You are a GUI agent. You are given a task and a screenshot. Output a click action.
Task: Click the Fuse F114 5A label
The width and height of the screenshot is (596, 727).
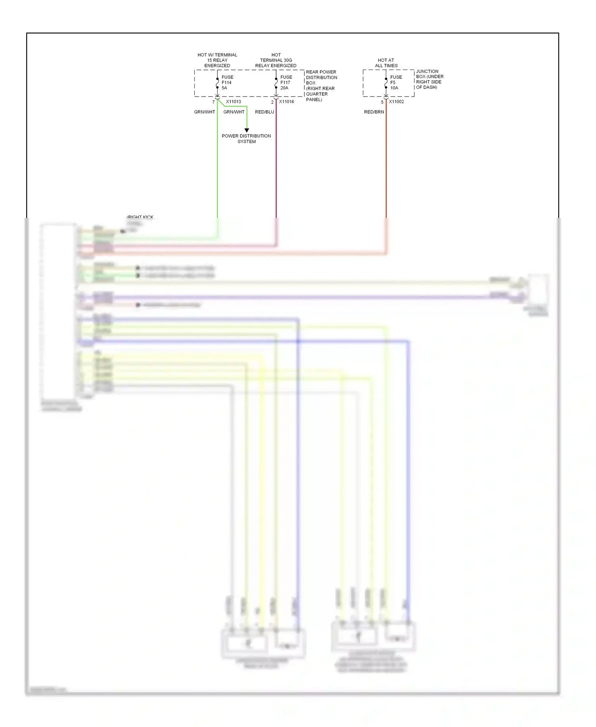pyautogui.click(x=227, y=82)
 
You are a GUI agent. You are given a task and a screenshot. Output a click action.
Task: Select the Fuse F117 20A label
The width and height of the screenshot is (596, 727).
pyautogui.click(x=286, y=82)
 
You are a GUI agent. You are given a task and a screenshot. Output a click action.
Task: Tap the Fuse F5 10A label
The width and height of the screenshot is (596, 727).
pyautogui.click(x=395, y=82)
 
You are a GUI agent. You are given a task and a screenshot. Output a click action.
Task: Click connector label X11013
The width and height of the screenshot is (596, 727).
pyautogui.click(x=233, y=102)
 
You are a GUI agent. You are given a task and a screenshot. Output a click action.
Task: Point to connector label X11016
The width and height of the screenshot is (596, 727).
pyautogui.click(x=286, y=102)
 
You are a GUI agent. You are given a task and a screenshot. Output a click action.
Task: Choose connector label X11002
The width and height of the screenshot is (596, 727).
pyautogui.click(x=396, y=102)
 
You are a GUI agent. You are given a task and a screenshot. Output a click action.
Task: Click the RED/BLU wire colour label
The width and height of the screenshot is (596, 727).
pyautogui.click(x=264, y=112)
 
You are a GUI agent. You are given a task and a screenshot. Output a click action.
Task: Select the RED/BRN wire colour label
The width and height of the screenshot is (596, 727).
pyautogui.click(x=374, y=112)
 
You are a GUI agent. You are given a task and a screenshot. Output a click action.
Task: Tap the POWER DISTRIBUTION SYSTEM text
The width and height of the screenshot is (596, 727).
pyautogui.click(x=246, y=139)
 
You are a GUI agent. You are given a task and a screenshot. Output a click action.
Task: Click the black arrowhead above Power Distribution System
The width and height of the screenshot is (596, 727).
pyautogui.click(x=247, y=130)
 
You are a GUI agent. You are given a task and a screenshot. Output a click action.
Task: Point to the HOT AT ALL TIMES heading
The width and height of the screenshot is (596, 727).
pyautogui.click(x=386, y=63)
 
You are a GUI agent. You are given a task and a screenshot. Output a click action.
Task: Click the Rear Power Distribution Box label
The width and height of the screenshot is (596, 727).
pyautogui.click(x=321, y=86)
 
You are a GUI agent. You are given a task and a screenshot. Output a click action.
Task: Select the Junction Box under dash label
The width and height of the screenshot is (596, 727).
pyautogui.click(x=430, y=79)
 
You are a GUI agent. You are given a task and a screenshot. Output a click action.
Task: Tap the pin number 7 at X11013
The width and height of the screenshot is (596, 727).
pyautogui.click(x=213, y=102)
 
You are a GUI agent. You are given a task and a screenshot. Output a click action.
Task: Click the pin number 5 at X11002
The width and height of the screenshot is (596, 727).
pyautogui.click(x=382, y=102)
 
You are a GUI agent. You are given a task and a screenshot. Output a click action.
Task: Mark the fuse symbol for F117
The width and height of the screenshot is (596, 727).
pyautogui.click(x=276, y=83)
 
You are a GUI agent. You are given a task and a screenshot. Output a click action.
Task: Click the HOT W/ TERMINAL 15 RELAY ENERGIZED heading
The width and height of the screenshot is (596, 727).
pyautogui.click(x=217, y=60)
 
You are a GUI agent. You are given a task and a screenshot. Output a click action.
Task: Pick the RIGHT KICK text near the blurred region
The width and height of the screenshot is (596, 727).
pyautogui.click(x=140, y=217)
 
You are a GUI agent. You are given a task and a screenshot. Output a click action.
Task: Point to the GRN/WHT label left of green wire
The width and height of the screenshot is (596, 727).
pyautogui.click(x=204, y=112)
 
